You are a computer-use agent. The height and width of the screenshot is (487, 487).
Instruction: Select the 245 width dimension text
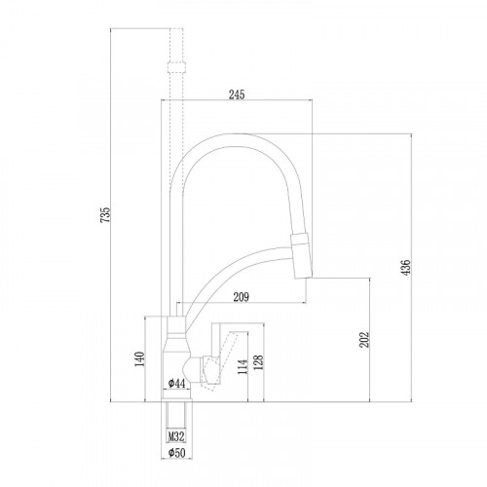click(x=236, y=94)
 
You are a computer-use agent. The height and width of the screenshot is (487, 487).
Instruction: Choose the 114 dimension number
click(x=240, y=366)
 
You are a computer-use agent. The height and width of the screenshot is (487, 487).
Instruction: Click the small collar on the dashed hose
click(x=175, y=67)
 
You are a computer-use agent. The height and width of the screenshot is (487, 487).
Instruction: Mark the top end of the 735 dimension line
click(x=116, y=28)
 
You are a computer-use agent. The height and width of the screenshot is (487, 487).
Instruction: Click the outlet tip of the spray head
click(x=303, y=274)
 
